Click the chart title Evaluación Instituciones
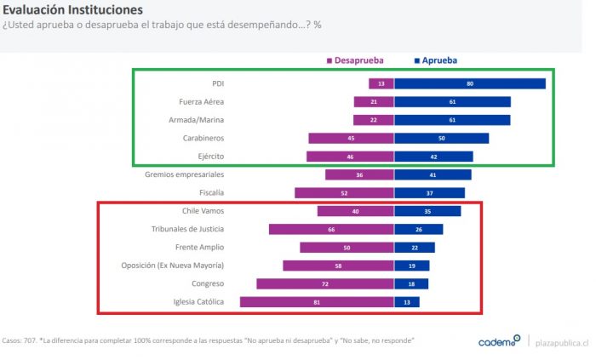(72, 9)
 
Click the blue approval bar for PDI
(469, 83)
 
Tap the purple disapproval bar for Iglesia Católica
(317, 301)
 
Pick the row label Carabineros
(203, 138)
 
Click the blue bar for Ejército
(433, 157)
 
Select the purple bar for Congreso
(325, 283)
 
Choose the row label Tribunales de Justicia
(189, 229)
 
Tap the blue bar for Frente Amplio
(415, 247)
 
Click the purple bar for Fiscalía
(344, 192)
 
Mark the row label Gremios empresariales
(185, 174)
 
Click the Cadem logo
(497, 341)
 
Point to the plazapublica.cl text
(561, 342)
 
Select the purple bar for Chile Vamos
(355, 211)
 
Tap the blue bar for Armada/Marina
(452, 120)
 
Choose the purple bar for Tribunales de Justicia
(331, 229)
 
